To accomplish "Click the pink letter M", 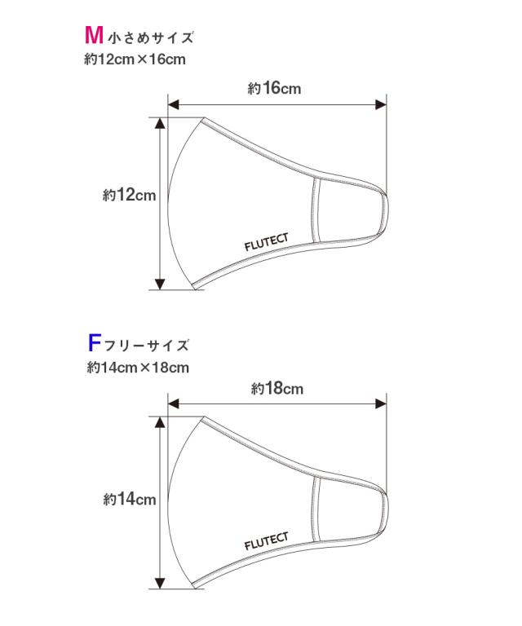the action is [95, 35].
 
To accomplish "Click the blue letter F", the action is [94, 343].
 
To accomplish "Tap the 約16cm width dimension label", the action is [274, 88].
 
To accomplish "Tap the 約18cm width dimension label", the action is [277, 388].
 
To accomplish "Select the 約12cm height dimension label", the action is [129, 196].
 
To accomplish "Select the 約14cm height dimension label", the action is [130, 499].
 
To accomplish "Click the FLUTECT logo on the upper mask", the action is [267, 242].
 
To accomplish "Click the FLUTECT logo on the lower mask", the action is [267, 542].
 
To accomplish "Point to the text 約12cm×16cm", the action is [135, 60].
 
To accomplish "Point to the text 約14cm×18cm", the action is [138, 368].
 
